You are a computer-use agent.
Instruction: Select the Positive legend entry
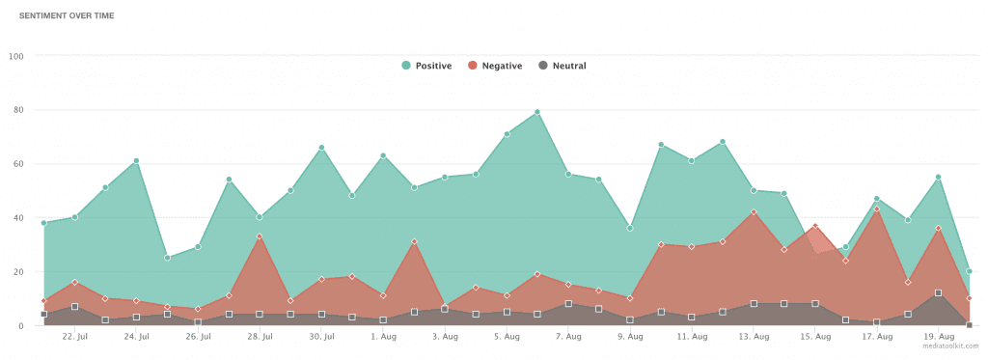coord(425,66)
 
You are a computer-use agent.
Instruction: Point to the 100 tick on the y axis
coord(15,55)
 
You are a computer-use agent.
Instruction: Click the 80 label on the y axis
coord(17,109)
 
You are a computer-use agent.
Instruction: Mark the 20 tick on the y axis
coord(17,271)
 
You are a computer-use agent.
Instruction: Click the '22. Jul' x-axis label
coord(74,337)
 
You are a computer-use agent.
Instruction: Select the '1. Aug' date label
coord(383,337)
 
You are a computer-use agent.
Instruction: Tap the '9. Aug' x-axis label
coord(630,337)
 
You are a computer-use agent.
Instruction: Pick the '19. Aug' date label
coord(939,337)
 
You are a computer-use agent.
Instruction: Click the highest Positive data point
coord(537,112)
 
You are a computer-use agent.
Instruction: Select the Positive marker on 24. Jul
coord(136,160)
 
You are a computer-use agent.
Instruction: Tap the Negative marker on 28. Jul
coord(260,235)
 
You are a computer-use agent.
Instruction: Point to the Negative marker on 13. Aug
coord(754,211)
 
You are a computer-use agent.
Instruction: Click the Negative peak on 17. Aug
coord(877,208)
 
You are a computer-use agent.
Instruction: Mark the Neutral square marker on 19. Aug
coord(939,292)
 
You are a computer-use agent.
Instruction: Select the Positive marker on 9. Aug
coord(630,228)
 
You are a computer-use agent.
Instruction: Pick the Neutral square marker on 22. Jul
coord(74,307)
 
